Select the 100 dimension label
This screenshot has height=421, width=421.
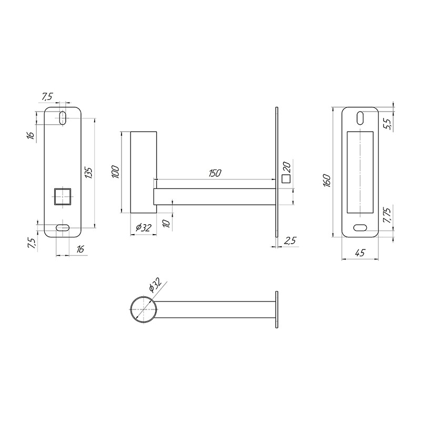tap(116, 172)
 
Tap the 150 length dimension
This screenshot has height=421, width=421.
tap(215, 173)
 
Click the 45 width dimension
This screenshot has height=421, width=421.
tap(360, 253)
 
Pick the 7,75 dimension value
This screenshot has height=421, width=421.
tap(386, 216)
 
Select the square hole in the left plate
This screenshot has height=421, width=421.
tap(63, 196)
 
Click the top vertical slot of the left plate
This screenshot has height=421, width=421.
tap(63, 117)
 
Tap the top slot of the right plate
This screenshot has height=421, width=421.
tap(360, 117)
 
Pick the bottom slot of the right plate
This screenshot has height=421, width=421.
tap(360, 227)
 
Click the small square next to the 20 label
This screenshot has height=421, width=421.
tap(286, 179)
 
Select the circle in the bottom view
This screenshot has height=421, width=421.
tap(143, 308)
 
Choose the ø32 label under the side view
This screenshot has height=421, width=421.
tap(144, 228)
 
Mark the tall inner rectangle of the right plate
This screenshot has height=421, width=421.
tap(360, 173)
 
